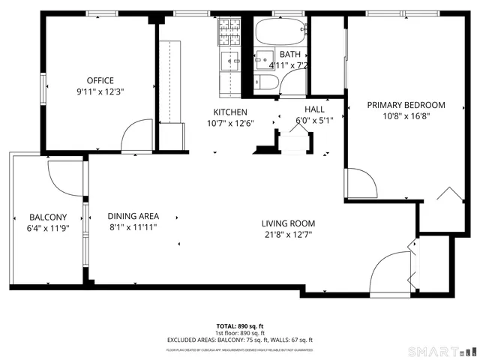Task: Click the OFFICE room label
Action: (x=100, y=80)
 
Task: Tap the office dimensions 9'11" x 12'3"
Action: (x=100, y=92)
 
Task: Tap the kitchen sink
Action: (x=228, y=61)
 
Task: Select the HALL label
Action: (x=313, y=109)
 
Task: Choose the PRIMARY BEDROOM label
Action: (x=406, y=105)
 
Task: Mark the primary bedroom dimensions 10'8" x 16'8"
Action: (x=406, y=116)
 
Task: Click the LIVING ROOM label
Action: (x=288, y=223)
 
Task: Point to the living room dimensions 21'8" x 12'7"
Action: (x=288, y=235)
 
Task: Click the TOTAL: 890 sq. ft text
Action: (x=239, y=325)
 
